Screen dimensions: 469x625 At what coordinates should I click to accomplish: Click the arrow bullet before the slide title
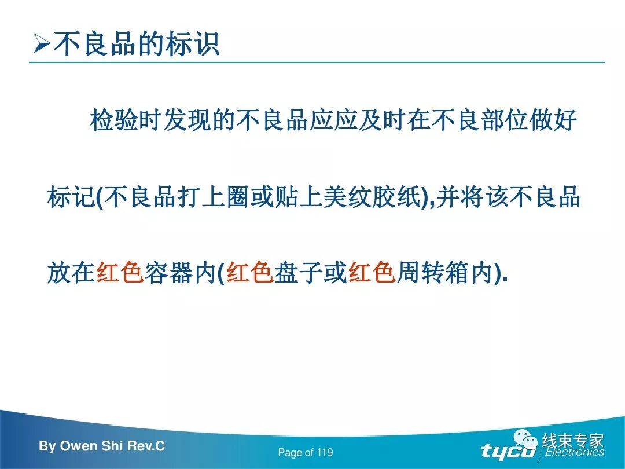click(x=42, y=45)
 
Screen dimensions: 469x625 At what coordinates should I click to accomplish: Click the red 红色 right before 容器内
click(x=120, y=272)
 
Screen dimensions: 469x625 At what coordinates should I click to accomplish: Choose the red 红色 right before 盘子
click(x=249, y=272)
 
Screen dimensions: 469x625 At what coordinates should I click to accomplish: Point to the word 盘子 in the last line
click(x=298, y=272)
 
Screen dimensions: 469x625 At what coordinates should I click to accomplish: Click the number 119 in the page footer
click(x=325, y=453)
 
